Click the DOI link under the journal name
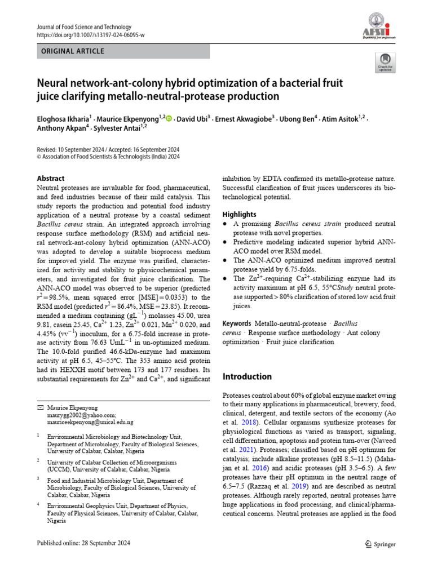pos(90,35)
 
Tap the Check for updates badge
pos(385,63)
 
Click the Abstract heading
pos(50,178)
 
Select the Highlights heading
pos(239,214)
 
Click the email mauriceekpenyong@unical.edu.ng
pos(90,421)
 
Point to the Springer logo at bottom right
pos(381,544)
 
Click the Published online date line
pos(83,543)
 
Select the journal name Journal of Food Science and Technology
pos(84,26)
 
